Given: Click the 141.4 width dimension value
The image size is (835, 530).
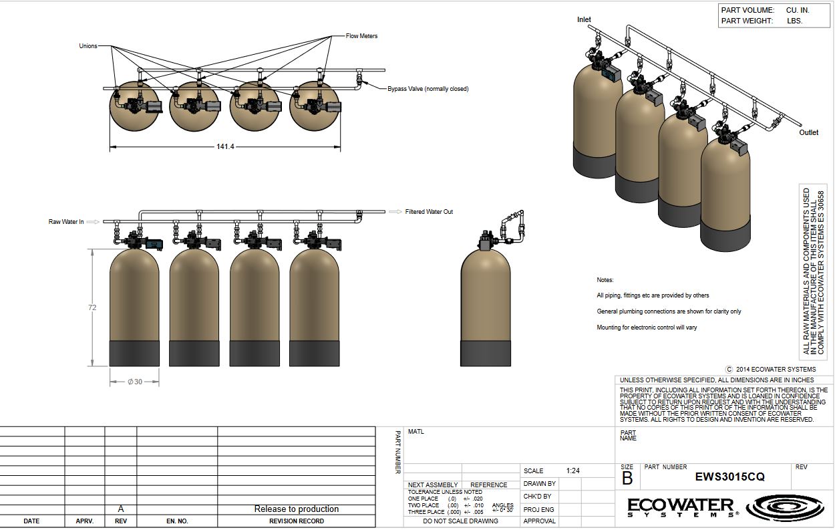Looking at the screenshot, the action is (x=225, y=146).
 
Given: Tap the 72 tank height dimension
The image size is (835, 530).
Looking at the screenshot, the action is (x=92, y=307).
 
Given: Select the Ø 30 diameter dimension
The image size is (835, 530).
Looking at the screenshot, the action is (x=135, y=382).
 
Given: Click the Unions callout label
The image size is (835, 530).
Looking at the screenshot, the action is (x=88, y=46).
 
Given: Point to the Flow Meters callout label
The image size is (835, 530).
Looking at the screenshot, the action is (x=361, y=36).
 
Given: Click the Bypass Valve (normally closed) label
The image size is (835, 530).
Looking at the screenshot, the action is (x=428, y=89).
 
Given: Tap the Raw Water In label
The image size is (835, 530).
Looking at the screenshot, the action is (x=66, y=221).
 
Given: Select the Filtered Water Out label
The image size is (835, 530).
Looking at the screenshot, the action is (x=429, y=211).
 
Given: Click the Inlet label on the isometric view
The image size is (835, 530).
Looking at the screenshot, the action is (x=584, y=19).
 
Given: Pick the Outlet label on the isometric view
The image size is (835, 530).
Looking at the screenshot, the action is (x=808, y=132).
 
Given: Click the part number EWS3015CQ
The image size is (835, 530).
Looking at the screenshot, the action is (x=730, y=477).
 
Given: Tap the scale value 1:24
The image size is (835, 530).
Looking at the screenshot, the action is (x=573, y=471).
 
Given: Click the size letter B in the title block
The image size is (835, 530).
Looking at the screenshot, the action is (x=627, y=478).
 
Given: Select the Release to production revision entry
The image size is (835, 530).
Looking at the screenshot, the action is (x=297, y=509).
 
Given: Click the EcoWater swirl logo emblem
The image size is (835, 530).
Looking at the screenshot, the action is (x=785, y=507).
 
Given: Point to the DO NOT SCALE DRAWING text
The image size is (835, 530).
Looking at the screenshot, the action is (x=460, y=521).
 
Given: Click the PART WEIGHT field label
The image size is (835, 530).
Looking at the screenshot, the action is (x=747, y=21).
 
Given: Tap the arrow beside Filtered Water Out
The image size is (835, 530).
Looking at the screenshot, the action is (x=395, y=212).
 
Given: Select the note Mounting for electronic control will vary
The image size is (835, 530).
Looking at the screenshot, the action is (x=647, y=327).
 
